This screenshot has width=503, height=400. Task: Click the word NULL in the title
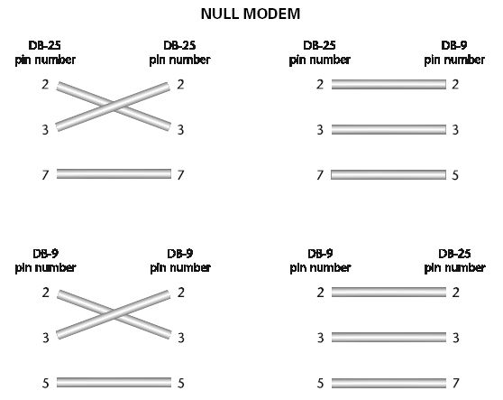[x=220, y=14]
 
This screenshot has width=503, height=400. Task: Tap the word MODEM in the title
[x=271, y=14]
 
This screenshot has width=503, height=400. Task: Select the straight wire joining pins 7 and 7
[x=114, y=174]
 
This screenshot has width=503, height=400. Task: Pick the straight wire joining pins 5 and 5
[x=114, y=382]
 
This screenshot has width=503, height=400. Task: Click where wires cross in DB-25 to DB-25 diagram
[x=113, y=107]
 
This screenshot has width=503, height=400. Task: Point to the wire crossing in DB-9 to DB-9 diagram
[x=113, y=314]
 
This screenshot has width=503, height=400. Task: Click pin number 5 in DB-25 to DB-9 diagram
[x=455, y=175]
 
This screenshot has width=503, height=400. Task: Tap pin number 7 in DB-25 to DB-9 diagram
[x=320, y=175]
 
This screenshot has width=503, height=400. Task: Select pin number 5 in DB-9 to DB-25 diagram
[x=321, y=383]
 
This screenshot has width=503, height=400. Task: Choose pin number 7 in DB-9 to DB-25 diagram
[x=456, y=383]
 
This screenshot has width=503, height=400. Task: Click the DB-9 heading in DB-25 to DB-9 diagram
[x=454, y=45]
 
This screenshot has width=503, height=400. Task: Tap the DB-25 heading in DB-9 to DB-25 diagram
[x=454, y=254]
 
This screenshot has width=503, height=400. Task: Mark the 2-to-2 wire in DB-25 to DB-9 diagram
[x=389, y=85]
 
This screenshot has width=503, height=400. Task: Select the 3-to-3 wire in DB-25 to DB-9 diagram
[x=389, y=129]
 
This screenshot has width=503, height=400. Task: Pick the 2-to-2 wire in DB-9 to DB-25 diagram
[x=389, y=292]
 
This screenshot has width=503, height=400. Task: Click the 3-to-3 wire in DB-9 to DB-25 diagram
[x=389, y=337]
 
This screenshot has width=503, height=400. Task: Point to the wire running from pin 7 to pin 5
[x=389, y=174]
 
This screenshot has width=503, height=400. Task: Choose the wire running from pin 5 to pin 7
[x=389, y=383]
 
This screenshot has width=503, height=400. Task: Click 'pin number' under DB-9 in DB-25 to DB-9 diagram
[x=454, y=60]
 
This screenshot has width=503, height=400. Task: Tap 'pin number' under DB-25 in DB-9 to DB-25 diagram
[x=454, y=268]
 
